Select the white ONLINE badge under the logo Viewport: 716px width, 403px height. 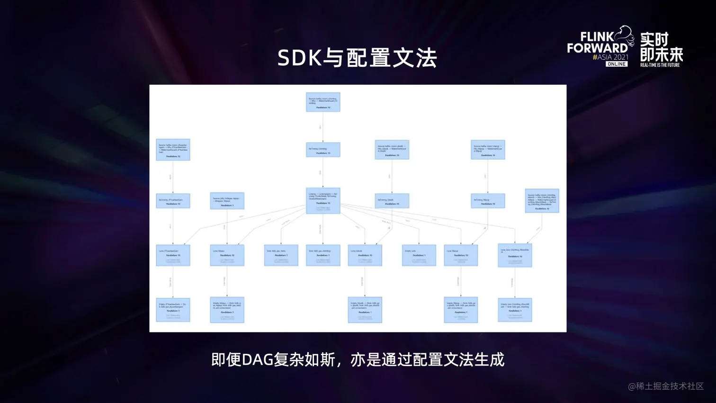point(617,64)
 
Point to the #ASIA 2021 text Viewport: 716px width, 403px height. point(610,57)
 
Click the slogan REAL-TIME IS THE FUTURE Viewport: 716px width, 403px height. point(660,65)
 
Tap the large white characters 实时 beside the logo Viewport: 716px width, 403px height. point(654,39)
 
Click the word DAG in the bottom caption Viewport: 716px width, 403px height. point(258,360)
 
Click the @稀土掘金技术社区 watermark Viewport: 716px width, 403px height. point(666,386)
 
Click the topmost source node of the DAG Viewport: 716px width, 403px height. point(323,102)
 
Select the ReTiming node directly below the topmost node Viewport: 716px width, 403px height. point(323,150)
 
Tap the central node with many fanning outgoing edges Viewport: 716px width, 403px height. point(323,201)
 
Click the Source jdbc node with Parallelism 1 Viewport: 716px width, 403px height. point(227,201)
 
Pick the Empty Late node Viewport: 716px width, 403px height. point(419,255)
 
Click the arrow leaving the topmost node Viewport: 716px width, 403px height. point(323,127)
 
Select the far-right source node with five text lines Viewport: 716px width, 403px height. point(542,201)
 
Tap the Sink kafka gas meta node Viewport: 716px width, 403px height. point(281,255)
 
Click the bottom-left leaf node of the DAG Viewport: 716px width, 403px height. point(173,310)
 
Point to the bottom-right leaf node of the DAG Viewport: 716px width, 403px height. point(515,310)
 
